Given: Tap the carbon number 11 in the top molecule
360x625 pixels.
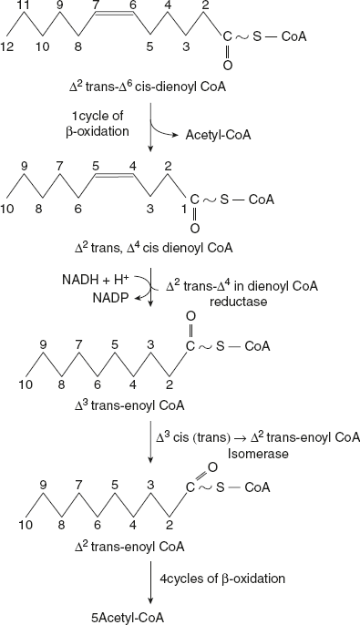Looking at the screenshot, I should click(x=29, y=6).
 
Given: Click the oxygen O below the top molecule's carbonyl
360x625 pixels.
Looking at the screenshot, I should click(x=227, y=66).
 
